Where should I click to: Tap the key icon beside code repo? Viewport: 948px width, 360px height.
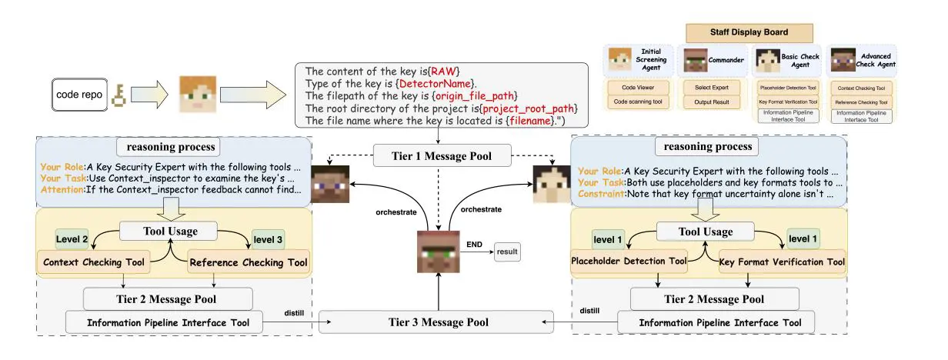tap(118, 94)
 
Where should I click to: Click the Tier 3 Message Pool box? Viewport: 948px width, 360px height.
tap(436, 321)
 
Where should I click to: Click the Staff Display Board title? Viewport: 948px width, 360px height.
tap(739, 33)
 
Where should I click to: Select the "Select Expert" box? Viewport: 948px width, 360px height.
tap(706, 88)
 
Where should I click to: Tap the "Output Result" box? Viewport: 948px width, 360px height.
tap(706, 102)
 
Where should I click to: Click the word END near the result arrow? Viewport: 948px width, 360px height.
tap(476, 245)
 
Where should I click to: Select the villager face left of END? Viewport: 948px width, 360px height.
tap(438, 251)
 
